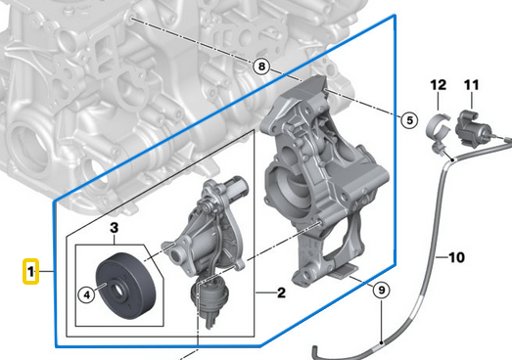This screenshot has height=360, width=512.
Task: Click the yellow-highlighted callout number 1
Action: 32,270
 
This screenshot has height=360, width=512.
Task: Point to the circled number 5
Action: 408,120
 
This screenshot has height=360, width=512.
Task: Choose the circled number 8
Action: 259,67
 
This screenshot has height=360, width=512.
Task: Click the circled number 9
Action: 382,289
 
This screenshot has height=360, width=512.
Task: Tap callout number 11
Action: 470,86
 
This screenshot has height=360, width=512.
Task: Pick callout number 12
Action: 436,86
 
